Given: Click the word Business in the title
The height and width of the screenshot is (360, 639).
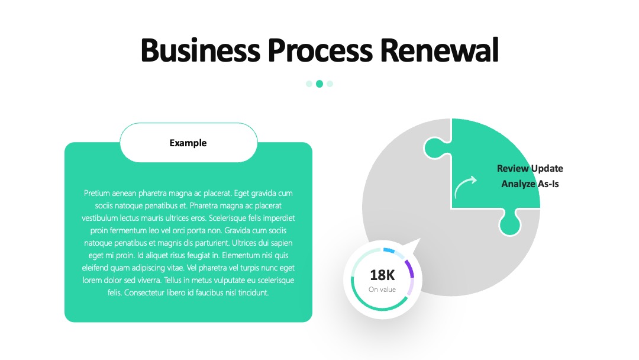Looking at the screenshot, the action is [201, 50].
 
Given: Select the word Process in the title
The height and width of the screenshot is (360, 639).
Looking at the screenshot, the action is [320, 50].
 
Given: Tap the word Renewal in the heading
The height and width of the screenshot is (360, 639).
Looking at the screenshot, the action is [439, 50].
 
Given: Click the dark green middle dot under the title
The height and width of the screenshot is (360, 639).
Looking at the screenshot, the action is [319, 83].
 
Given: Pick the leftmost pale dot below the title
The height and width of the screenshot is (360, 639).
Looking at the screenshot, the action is [309, 83].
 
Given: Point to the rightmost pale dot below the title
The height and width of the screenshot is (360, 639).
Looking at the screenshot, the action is [330, 83].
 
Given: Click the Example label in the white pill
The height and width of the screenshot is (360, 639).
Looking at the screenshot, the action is [188, 143].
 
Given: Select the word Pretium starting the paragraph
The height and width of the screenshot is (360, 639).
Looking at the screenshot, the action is [96, 193].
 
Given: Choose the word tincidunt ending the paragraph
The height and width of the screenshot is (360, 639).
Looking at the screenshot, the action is [253, 292].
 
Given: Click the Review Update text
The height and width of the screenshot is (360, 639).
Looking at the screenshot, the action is [530, 168].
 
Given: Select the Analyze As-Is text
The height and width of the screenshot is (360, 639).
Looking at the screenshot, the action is [530, 184].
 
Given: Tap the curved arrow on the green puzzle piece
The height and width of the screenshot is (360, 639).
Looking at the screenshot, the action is [464, 186].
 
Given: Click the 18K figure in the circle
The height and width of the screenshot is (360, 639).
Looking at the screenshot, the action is [382, 275].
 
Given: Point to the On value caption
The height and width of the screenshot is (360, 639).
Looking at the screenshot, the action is [382, 290].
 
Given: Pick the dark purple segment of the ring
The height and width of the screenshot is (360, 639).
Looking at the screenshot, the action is [409, 268].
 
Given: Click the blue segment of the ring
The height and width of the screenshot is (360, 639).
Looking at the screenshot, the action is [389, 250].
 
